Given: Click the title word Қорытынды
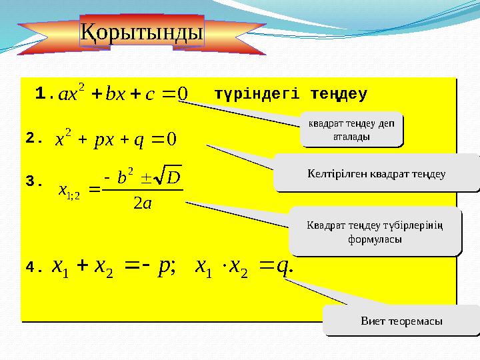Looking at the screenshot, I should click(x=142, y=31).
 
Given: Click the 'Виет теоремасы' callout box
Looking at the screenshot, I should click(x=401, y=321).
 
